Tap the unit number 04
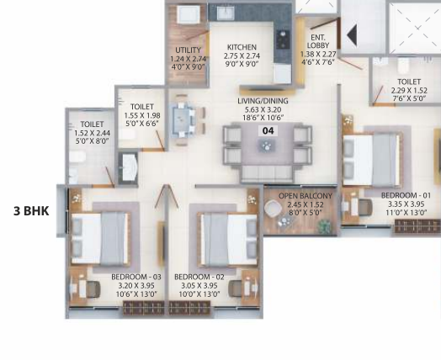coord(268,130)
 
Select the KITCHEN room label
coord(245,46)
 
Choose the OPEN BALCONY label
coord(299,196)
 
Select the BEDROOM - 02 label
coord(199,277)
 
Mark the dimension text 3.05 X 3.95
coord(199,285)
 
